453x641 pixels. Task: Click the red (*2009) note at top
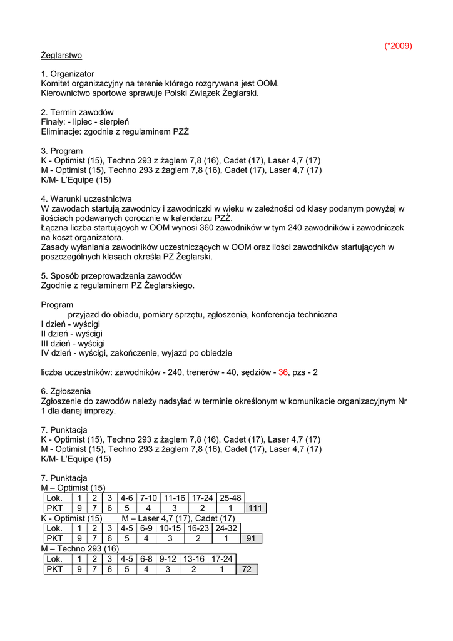pyautogui.click(x=398, y=46)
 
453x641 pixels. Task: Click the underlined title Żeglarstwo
pyautogui.click(x=61, y=55)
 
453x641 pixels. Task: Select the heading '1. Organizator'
pyautogui.click(x=68, y=74)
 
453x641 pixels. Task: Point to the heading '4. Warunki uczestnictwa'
pyautogui.click(x=86, y=199)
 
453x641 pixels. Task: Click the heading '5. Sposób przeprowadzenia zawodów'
pyautogui.click(x=111, y=276)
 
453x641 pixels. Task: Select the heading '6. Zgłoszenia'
pyautogui.click(x=66, y=391)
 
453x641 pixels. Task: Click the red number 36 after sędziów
pyautogui.click(x=283, y=372)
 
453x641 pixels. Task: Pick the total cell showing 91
pyautogui.click(x=250, y=538)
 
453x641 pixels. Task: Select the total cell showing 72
pyautogui.click(x=247, y=569)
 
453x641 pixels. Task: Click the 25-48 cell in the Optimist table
pyautogui.click(x=230, y=498)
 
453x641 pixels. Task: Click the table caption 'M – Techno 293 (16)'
pyautogui.click(x=79, y=548)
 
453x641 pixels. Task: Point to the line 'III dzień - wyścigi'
pyautogui.click(x=73, y=344)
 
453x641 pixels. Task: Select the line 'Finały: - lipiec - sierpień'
pyautogui.click(x=85, y=121)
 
